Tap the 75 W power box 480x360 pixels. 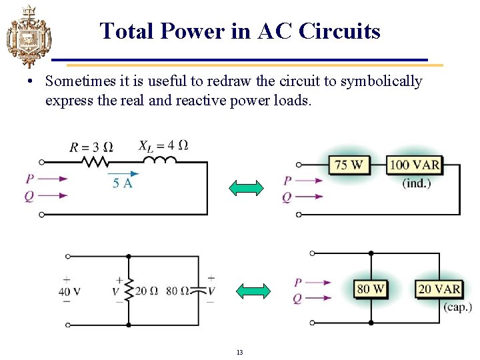pos(349,165)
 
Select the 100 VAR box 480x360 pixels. pos(415,165)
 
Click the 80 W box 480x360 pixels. pos(371,289)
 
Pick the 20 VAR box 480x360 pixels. pos(439,289)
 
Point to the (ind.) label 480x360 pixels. pos(417,183)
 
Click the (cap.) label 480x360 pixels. pos(457,307)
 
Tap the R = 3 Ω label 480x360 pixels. pos(91,147)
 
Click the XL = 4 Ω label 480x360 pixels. pos(163,145)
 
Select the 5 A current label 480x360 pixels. pos(122,183)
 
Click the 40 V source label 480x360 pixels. pos(69,291)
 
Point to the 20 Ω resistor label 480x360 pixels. pos(146,291)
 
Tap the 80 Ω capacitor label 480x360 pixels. pos(177,291)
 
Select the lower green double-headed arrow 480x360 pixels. pos(254,291)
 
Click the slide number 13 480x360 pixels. pos(239,351)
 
